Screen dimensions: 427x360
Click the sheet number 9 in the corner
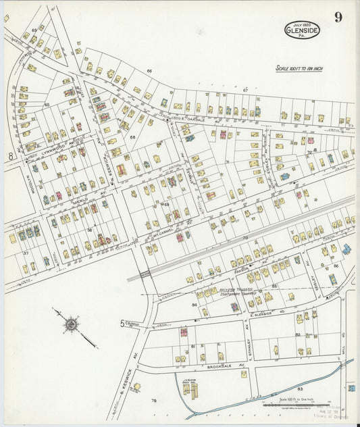click(337, 18)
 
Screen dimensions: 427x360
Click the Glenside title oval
click(302, 30)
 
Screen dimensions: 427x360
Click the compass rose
click(70, 324)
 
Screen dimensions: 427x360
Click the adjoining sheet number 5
click(122, 324)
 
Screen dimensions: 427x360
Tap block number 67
click(245, 89)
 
